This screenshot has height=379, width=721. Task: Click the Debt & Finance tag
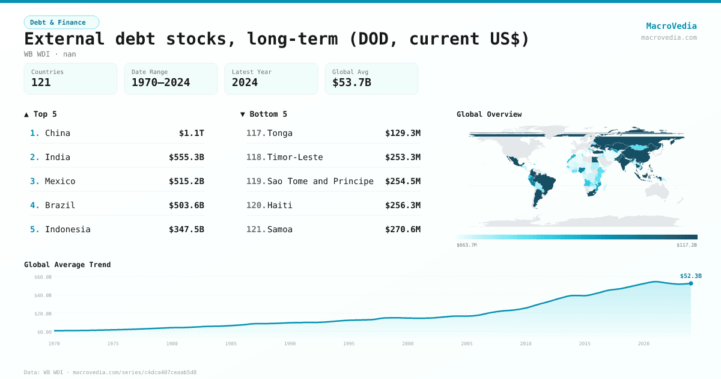[x=61, y=22]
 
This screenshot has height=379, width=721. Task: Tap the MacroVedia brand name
[x=671, y=26]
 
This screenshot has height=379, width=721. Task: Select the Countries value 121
[x=41, y=82]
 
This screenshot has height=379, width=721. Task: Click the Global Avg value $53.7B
[x=351, y=82]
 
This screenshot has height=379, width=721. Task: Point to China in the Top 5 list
[x=58, y=133]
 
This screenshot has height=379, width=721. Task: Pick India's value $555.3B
[x=186, y=157]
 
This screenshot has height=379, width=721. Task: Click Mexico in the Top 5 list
[x=60, y=181]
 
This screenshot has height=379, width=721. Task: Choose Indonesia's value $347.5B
[x=186, y=229]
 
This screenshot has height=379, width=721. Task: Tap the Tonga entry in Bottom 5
[x=280, y=133]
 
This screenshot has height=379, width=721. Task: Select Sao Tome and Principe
[x=320, y=181]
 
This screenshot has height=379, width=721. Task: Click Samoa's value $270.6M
[x=403, y=229]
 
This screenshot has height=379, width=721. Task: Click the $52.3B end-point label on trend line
[x=690, y=276]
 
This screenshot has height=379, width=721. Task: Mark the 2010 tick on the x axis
[x=526, y=344]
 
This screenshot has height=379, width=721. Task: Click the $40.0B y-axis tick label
[x=43, y=295]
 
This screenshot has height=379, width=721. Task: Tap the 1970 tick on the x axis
[x=54, y=344]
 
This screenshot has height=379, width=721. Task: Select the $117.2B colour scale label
[x=686, y=245]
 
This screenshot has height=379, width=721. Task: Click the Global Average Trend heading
[x=67, y=265]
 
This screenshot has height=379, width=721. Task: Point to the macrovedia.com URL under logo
[x=669, y=37]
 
